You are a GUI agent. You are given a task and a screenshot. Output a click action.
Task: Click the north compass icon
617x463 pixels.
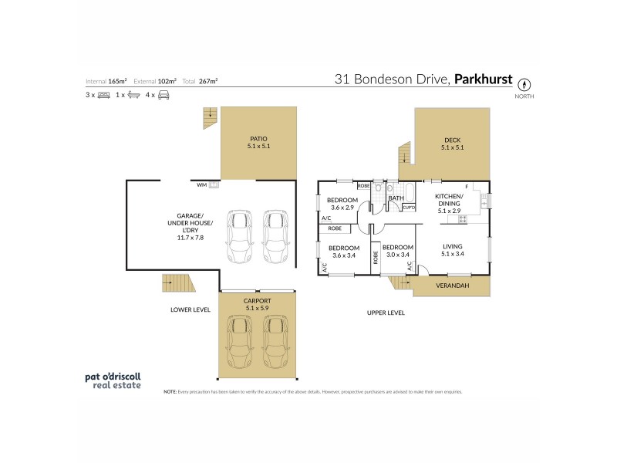(524, 84)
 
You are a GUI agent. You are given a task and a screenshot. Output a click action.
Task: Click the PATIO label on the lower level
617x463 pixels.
(258, 140)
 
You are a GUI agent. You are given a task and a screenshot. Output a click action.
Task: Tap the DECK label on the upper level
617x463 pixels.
(451, 140)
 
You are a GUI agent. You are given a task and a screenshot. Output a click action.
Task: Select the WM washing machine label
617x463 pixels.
(201, 185)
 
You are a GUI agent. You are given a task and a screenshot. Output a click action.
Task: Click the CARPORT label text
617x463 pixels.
(258, 302)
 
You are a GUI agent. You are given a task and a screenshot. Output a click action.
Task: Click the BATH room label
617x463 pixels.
(396, 198)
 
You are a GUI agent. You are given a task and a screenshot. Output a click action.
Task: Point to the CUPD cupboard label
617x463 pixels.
(409, 208)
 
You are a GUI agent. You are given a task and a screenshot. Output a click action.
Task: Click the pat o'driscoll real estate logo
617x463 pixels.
(113, 380)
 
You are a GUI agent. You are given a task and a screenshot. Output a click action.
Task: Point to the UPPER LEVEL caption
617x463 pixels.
(386, 313)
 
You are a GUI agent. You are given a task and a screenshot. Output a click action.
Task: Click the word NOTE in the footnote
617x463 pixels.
(170, 392)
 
